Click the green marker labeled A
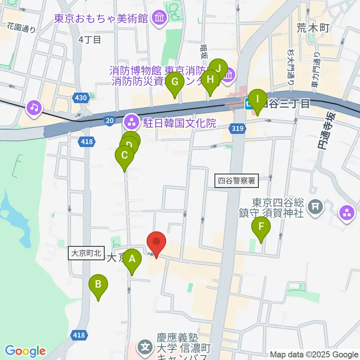tap(132, 259)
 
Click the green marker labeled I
tap(257, 99)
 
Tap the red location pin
tap(156, 243)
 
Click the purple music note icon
tap(34, 108)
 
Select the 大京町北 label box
tap(86, 253)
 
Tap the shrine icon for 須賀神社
tap(315, 205)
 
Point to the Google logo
tap(25, 351)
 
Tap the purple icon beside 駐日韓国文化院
tap(131, 121)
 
